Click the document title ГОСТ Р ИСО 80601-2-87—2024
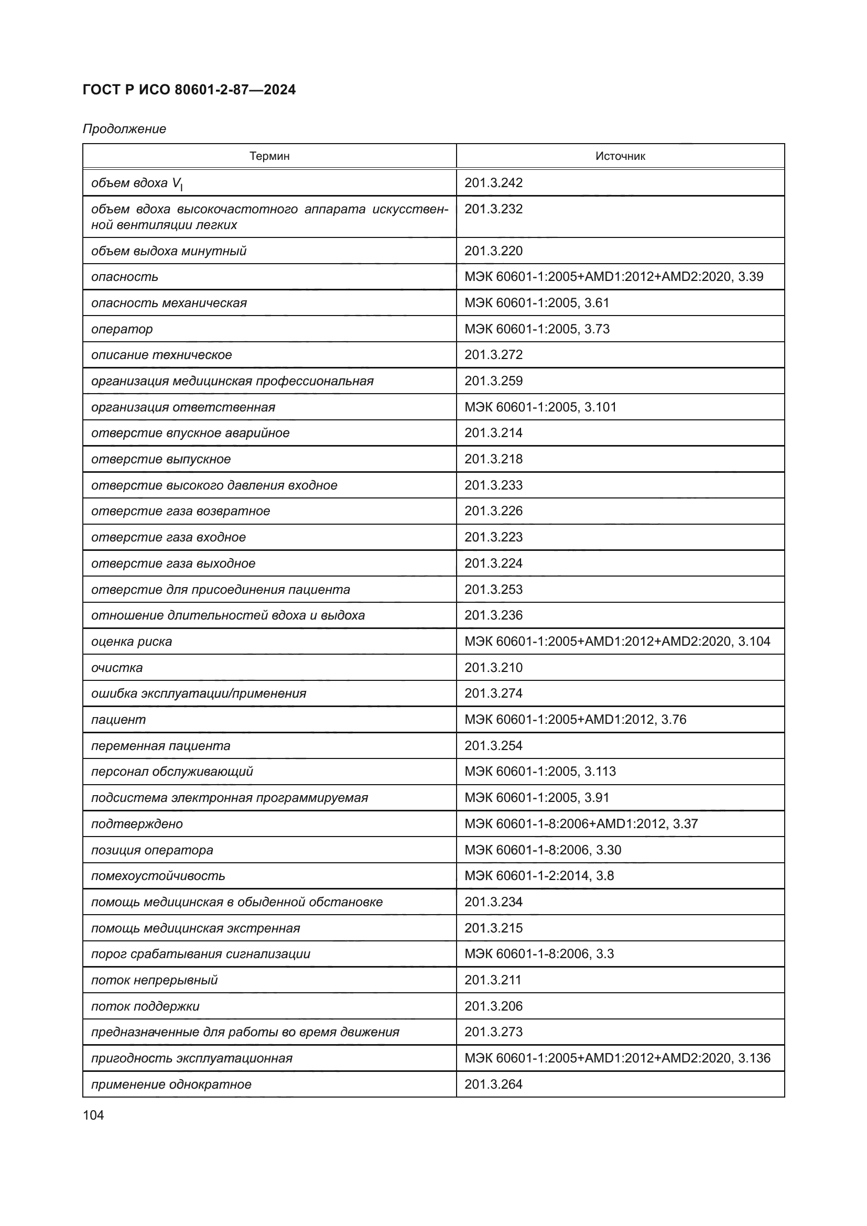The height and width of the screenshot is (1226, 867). click(x=189, y=90)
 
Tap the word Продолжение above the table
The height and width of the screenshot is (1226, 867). click(x=124, y=129)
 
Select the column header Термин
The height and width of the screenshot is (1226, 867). click(x=269, y=156)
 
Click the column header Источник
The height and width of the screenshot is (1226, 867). click(x=620, y=156)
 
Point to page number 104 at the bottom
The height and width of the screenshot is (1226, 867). click(x=93, y=1115)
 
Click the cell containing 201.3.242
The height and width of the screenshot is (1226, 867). click(x=493, y=182)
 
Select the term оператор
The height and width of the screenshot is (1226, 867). click(x=122, y=329)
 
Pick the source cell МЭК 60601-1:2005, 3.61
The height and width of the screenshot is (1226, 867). click(x=537, y=303)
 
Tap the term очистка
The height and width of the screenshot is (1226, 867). click(x=117, y=667)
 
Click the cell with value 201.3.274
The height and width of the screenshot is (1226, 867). click(x=493, y=693)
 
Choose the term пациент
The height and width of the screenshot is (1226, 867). click(x=118, y=719)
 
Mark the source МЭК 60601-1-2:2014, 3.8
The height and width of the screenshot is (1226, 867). click(x=539, y=876)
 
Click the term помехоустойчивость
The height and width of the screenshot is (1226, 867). click(x=158, y=876)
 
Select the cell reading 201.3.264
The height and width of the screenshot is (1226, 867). click(x=493, y=1084)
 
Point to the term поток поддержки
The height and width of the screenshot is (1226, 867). click(x=145, y=1006)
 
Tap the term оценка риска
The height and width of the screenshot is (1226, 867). click(x=132, y=641)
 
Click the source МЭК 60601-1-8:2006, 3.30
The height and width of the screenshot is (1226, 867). click(x=543, y=850)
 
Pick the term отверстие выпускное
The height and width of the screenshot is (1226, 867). click(x=161, y=459)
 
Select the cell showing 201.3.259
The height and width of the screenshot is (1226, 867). click(x=493, y=381)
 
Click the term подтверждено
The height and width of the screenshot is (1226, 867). click(x=137, y=823)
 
